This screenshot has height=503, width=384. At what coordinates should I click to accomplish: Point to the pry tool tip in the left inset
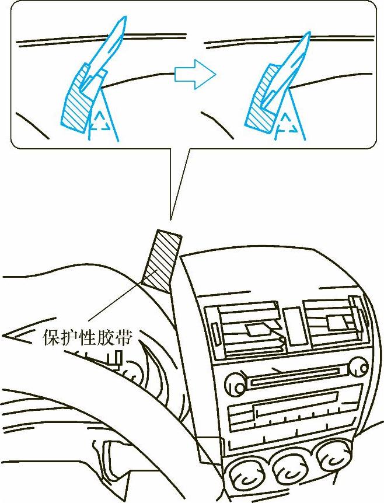tap(122, 23)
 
